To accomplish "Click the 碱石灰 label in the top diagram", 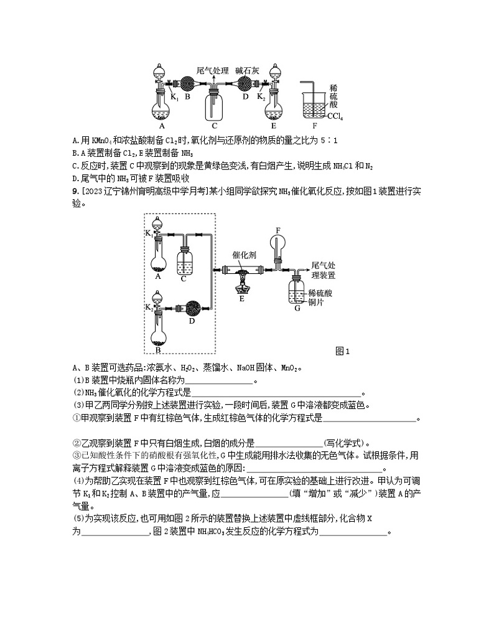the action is (248, 70).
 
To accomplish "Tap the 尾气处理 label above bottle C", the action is (212, 70).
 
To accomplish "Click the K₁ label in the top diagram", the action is (175, 97).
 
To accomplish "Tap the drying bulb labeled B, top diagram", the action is (187, 83).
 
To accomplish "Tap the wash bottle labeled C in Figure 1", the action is (185, 263).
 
